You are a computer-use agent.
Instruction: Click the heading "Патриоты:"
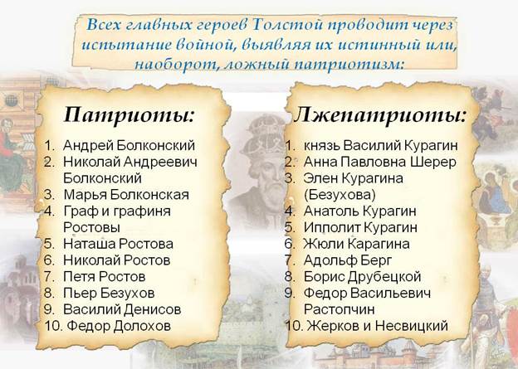click(129, 115)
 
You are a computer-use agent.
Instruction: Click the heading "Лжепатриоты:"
click(380, 116)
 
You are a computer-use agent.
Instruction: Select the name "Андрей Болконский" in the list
click(129, 146)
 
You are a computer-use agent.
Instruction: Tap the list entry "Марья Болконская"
click(126, 195)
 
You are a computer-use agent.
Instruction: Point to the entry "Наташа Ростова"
click(118, 244)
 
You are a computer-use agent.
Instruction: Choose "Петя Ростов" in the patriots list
click(105, 277)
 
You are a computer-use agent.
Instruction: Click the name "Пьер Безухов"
click(109, 293)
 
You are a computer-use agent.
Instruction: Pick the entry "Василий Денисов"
click(122, 309)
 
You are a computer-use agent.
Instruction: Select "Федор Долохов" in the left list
click(119, 326)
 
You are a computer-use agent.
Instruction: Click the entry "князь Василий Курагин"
click(381, 146)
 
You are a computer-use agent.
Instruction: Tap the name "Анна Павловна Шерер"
click(380, 162)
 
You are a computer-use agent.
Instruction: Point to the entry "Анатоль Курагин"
click(360, 211)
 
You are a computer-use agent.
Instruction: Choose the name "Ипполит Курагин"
click(360, 227)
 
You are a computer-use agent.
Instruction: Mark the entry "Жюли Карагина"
click(357, 244)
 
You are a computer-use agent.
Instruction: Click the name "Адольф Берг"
click(348, 260)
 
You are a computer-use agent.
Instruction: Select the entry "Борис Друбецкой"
click(363, 277)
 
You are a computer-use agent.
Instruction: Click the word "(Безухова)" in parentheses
click(340, 195)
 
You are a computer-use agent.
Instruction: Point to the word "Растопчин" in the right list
click(340, 309)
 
